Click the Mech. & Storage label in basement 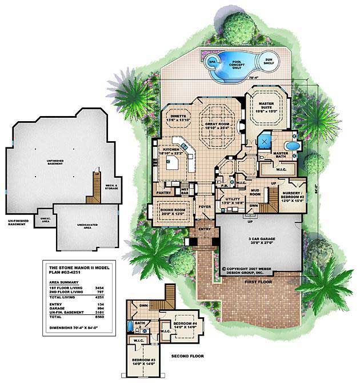pyautogui.click(x=112, y=186)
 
